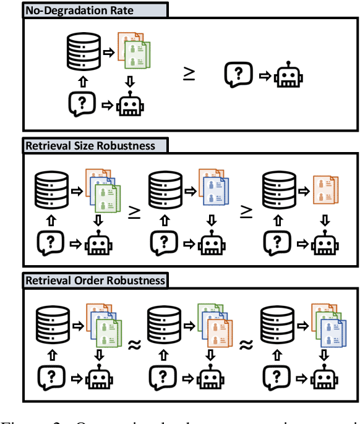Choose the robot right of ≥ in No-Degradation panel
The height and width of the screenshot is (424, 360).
288,75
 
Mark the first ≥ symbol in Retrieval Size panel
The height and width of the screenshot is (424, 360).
132,211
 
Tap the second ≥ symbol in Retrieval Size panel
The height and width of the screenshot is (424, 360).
246,211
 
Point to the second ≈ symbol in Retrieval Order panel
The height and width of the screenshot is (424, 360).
246,346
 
